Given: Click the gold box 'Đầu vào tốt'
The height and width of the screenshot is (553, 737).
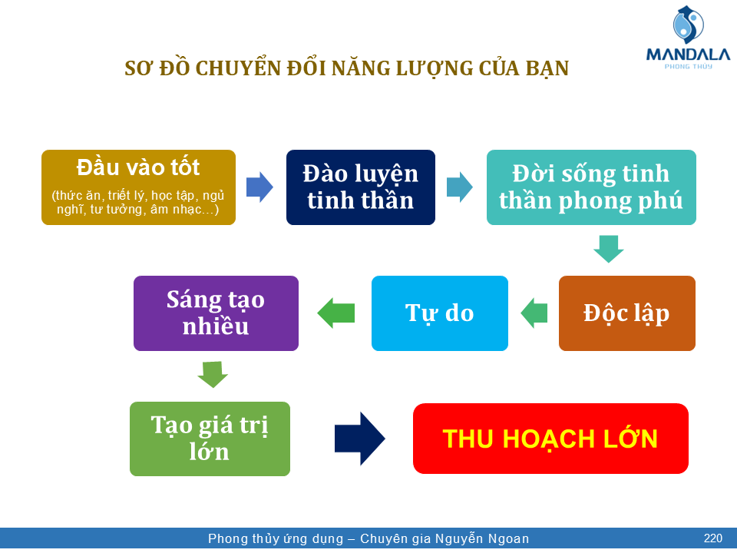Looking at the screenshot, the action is [138, 187].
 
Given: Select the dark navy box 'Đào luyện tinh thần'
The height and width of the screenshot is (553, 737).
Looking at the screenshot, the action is [361, 187].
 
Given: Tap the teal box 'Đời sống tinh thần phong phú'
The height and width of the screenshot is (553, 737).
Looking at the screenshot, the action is [591, 187].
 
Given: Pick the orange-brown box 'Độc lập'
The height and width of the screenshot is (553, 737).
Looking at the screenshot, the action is [627, 313].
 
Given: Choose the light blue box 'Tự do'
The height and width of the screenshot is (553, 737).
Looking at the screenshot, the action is [439, 313].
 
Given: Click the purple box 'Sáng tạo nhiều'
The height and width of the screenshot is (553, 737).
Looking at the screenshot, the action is [216, 313].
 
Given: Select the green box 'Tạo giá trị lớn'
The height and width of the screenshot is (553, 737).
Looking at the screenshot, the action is [210, 439].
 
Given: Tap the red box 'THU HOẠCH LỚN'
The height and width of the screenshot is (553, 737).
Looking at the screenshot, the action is [550, 439].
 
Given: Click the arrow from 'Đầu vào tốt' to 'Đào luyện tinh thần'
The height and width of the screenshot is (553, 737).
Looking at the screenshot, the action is [259, 187].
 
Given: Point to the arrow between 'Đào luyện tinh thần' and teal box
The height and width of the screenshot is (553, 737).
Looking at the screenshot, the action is [460, 187].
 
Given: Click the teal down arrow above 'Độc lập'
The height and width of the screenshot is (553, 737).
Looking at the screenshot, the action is [609, 249].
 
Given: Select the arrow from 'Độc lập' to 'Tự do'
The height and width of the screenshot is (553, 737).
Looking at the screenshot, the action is [534, 313].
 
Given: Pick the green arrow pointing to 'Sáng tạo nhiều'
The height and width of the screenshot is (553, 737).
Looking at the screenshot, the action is [335, 313].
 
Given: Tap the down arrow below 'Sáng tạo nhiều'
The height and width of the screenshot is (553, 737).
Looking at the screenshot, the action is [213, 374].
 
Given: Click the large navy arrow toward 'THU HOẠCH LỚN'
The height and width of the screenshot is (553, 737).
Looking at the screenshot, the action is [359, 439].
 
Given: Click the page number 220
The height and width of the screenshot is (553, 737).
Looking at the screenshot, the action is [712, 538].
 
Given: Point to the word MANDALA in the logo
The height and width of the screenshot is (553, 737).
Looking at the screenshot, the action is [688, 55].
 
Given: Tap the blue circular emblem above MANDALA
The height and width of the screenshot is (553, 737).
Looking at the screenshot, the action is [688, 25].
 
